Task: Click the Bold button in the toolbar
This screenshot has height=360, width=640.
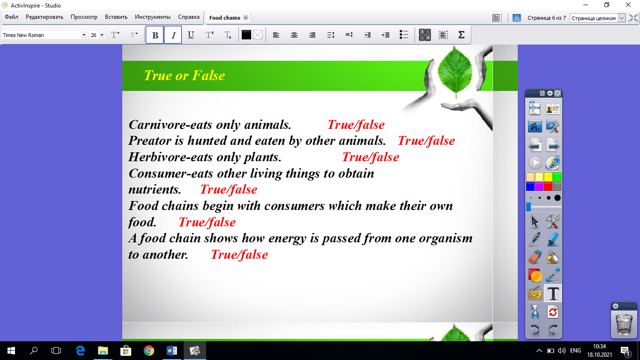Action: coord(155,35)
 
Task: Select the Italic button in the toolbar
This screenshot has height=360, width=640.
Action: coord(173,35)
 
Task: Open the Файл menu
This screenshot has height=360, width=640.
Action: coord(11,17)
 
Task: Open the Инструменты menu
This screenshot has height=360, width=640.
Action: coord(153,17)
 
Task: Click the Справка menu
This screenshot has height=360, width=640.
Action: coord(188,17)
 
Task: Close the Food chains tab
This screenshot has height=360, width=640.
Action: coord(246,18)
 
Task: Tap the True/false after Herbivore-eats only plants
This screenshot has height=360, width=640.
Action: coord(371,157)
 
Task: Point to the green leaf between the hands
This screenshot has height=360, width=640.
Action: coord(455,72)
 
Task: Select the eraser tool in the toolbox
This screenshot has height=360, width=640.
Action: coord(535,257)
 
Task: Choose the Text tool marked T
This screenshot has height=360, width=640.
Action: coord(553,293)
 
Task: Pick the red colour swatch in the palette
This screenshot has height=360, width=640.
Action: coord(548,187)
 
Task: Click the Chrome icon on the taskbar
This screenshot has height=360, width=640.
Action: coord(149,351)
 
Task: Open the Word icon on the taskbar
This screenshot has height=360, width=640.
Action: coord(171,351)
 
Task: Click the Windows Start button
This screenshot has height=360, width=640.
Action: coord(11,351)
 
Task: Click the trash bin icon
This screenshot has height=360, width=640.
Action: coord(624,324)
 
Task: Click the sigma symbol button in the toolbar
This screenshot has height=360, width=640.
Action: coord(461,35)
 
